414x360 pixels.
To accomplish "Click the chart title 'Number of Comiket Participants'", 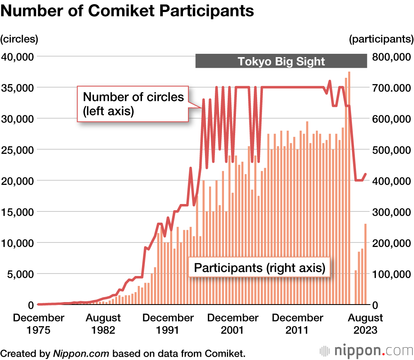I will [127, 11].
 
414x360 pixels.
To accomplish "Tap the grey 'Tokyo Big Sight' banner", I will [281, 62].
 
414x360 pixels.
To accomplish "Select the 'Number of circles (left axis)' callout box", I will [133, 104].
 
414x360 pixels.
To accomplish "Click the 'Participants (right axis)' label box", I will [259, 268].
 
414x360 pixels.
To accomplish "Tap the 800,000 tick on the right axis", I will [393, 56].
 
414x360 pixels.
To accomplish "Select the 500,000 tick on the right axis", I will [393, 149].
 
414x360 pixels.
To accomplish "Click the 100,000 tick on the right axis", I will [393, 274].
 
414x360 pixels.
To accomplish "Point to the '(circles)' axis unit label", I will [19, 39].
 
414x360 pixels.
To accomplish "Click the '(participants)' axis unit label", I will [381, 39].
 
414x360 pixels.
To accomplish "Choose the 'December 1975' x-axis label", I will [39, 324].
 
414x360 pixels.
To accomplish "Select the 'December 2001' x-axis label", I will [233, 324].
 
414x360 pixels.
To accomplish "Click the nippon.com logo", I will [366, 351].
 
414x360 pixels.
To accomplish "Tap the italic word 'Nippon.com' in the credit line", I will [81, 353].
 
